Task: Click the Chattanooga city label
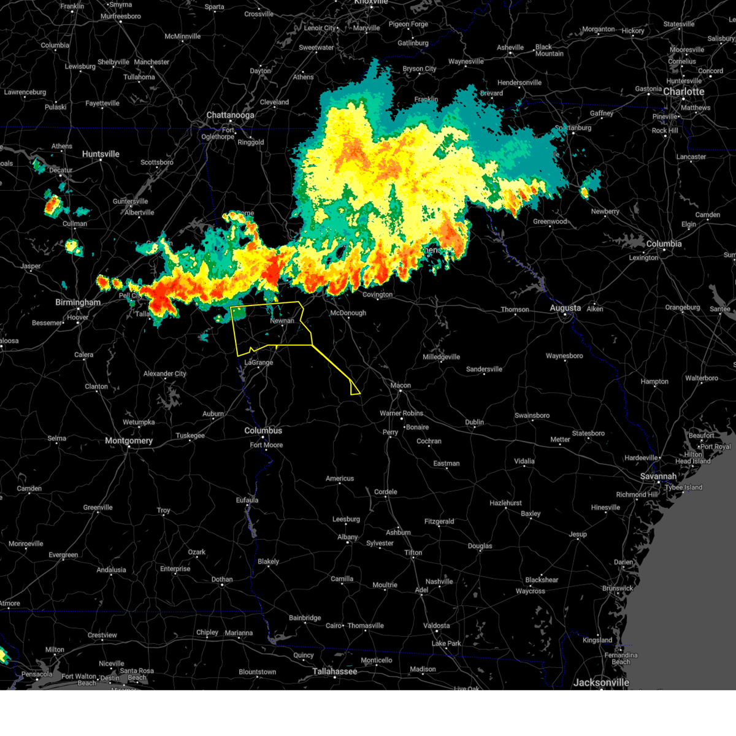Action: [x=230, y=115]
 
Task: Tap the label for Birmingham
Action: [x=78, y=302]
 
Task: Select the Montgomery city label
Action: [x=129, y=440]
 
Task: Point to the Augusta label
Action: [x=565, y=308]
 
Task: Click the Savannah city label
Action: [x=658, y=476]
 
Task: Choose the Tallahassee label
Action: [x=335, y=671]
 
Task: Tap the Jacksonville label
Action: [x=601, y=682]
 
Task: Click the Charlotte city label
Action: [x=684, y=91]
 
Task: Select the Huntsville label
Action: [x=101, y=154]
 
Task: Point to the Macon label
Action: [x=401, y=385]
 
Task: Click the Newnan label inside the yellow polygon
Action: [x=282, y=321]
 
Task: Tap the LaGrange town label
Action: [x=259, y=362]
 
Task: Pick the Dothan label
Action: [x=222, y=579]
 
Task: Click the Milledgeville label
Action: [x=441, y=357]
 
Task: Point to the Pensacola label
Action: [x=37, y=674]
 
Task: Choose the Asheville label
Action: [x=510, y=47]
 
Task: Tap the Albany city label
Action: [x=348, y=537]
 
